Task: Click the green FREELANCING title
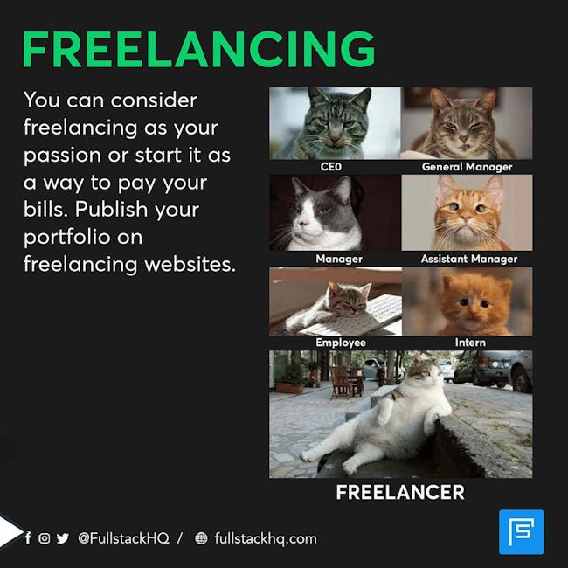coord(198,49)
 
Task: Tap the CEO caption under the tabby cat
coord(330,167)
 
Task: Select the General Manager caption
coord(467,167)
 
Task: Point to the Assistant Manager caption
coord(469,259)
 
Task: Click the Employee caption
coord(341,343)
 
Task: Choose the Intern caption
coord(470,343)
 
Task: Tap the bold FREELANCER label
coord(400,492)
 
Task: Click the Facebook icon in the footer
coord(28,538)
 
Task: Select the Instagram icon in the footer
coord(45,538)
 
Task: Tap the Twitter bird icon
coord(62,538)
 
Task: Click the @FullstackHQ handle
coord(123,538)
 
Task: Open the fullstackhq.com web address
coord(266,538)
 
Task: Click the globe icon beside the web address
coord(201,538)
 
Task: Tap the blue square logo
coord(522,532)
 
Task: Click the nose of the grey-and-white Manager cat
coord(304,223)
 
